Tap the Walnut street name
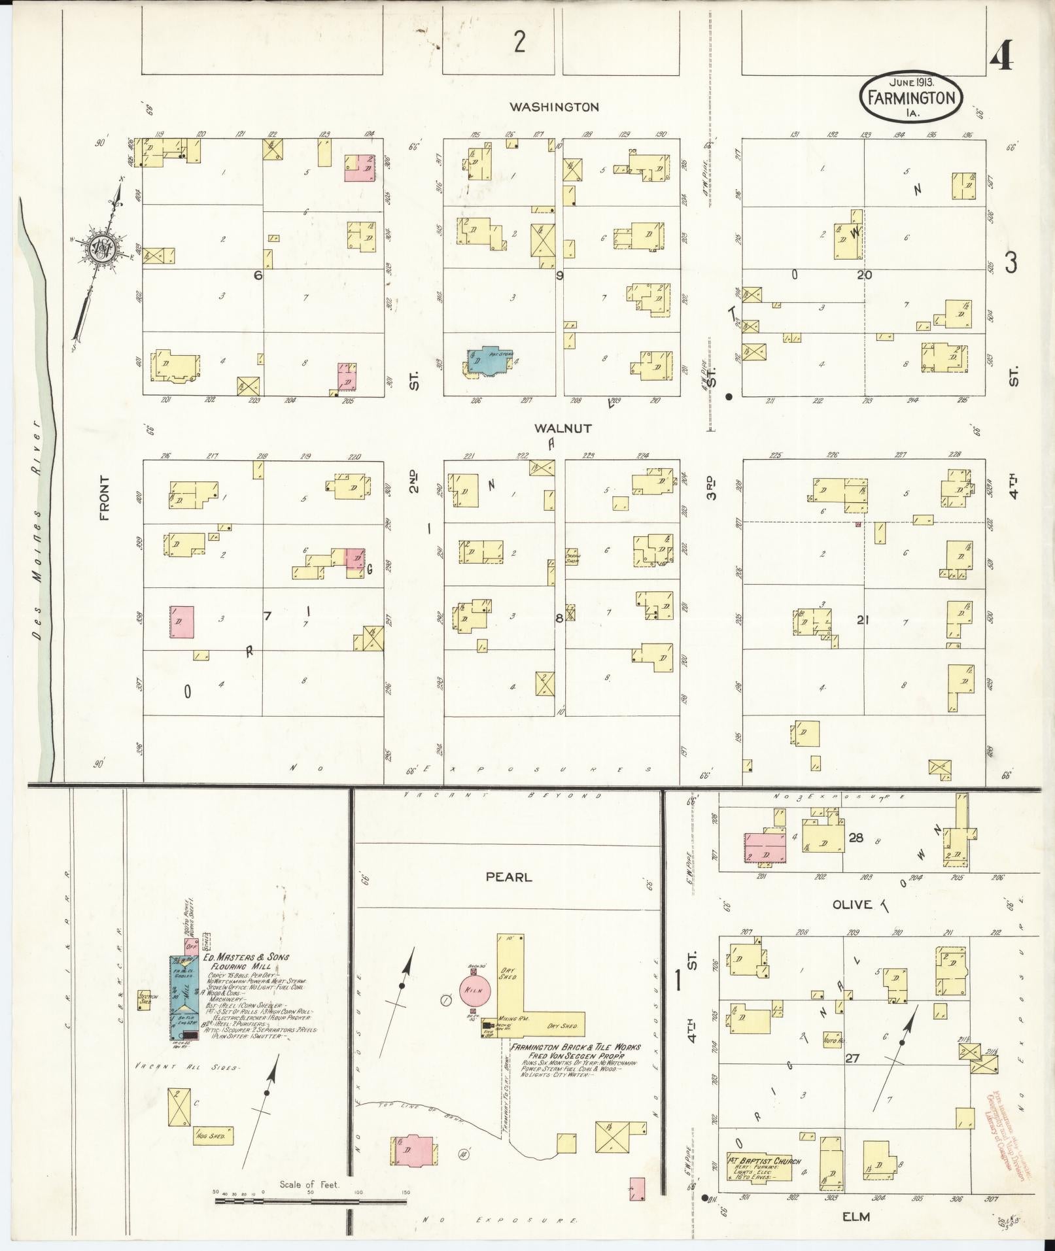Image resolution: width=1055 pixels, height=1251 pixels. click(x=562, y=428)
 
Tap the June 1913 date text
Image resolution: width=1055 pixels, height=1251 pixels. click(x=910, y=82)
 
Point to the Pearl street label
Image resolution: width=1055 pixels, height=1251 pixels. click(x=508, y=877)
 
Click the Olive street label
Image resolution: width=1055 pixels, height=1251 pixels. click(x=852, y=904)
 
